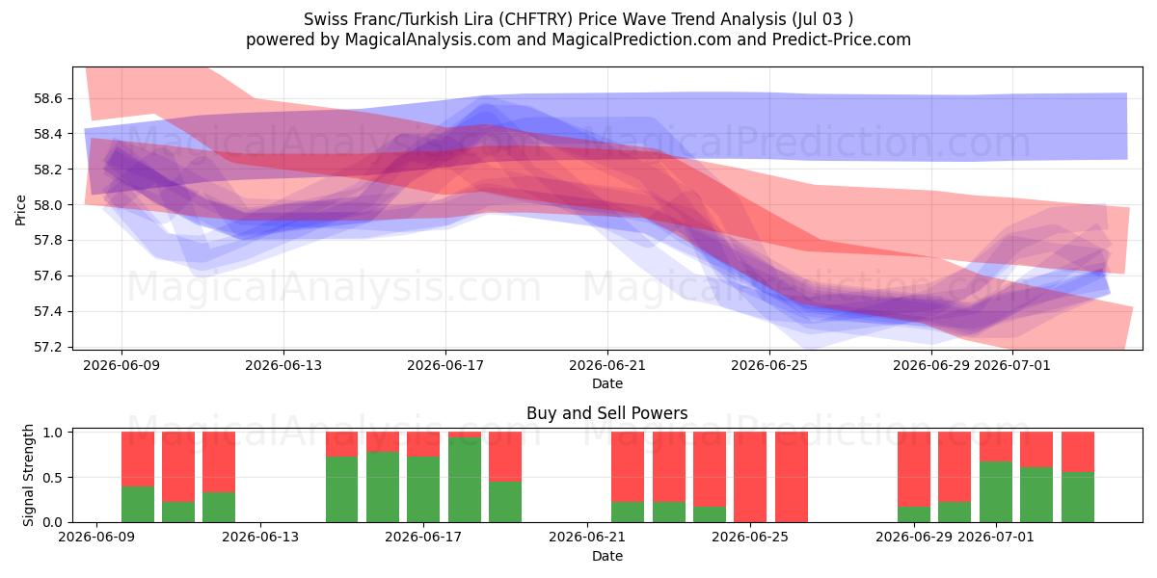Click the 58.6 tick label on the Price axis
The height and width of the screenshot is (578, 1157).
48,98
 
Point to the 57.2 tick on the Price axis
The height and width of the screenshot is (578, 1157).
48,347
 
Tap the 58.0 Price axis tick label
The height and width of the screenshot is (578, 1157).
48,205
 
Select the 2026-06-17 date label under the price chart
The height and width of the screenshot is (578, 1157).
445,365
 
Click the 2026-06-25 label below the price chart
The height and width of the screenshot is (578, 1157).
769,365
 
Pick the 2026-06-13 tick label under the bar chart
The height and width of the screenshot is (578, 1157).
260,537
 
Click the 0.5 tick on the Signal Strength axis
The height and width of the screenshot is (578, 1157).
53,478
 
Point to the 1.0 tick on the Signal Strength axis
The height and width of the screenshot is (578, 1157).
53,433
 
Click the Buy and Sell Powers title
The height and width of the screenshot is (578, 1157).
606,413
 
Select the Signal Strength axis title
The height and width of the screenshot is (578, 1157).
28,475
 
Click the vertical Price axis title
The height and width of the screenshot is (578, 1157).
20,210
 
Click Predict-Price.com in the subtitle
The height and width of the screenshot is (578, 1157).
842,39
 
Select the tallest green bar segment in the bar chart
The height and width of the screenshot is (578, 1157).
465,480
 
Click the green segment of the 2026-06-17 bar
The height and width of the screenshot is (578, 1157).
423,489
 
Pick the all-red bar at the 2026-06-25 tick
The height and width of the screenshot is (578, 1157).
750,477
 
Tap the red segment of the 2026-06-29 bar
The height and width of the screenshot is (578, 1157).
914,469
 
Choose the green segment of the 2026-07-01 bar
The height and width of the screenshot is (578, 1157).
996,492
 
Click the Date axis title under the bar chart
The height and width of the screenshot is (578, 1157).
606,556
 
